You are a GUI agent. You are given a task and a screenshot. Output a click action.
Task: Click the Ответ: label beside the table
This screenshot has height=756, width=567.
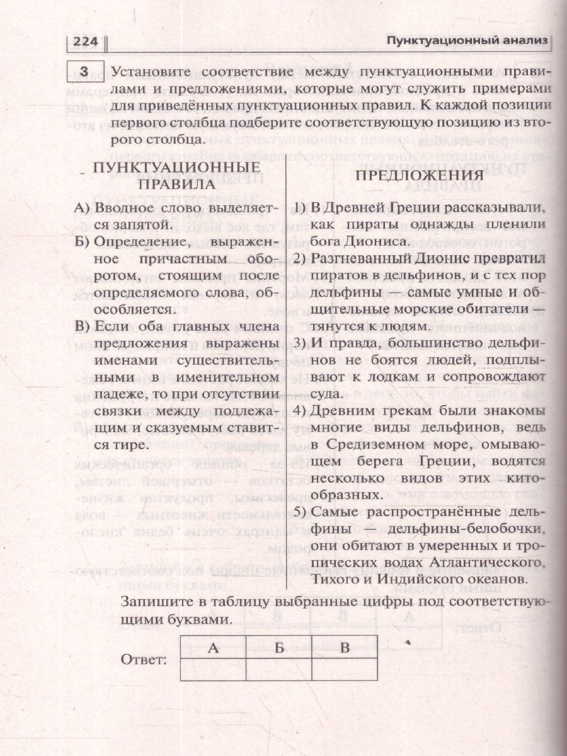click(x=142, y=660)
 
